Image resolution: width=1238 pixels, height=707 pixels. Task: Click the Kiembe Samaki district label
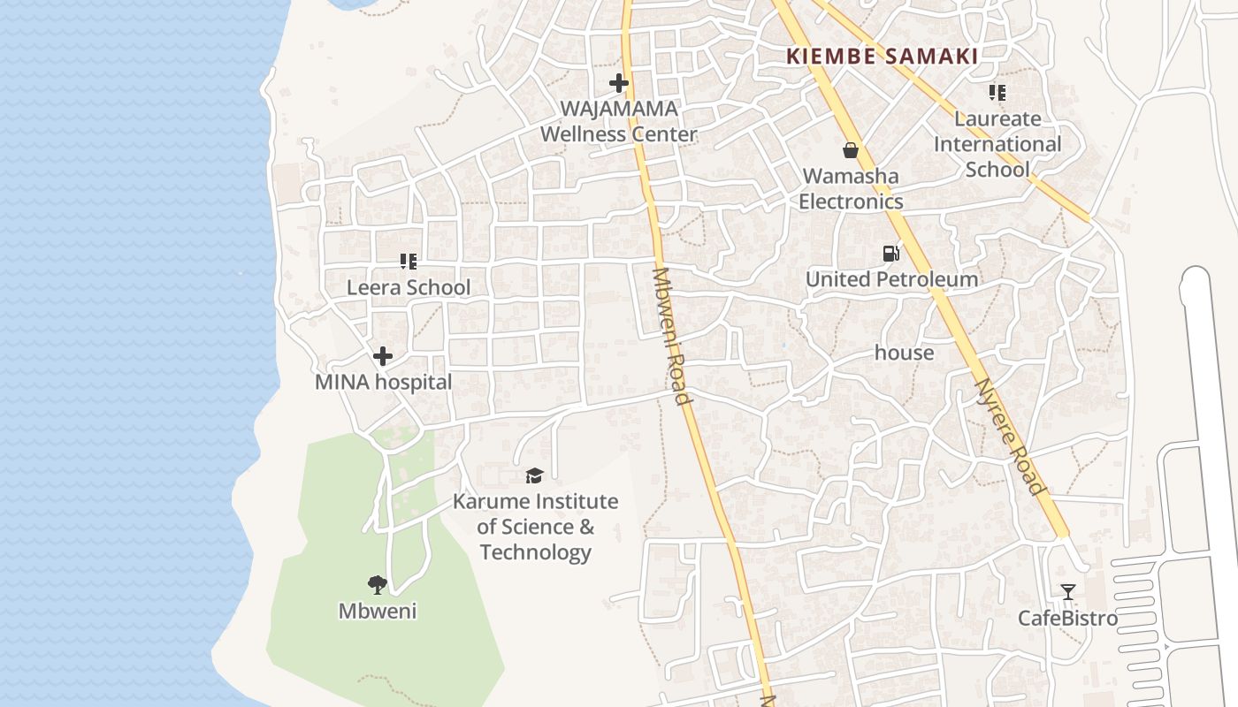click(883, 57)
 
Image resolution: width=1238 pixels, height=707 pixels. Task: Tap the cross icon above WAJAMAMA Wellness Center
click(619, 84)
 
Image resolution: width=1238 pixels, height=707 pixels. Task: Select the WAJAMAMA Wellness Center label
click(619, 122)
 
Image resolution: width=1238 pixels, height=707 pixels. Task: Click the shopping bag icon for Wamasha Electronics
click(851, 150)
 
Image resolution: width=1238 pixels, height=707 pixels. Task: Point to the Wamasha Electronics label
click(851, 188)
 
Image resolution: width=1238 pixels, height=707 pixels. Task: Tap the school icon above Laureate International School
click(997, 93)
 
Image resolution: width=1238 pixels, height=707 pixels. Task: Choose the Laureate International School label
click(997, 144)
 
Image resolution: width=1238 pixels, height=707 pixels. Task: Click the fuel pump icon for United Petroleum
click(890, 255)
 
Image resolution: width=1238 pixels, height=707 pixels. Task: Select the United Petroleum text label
click(891, 279)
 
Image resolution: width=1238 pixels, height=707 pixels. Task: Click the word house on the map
click(904, 353)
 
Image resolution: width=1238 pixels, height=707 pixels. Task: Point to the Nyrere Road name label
click(1008, 437)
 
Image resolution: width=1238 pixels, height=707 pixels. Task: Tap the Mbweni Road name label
click(669, 336)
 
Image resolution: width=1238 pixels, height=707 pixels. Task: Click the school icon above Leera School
click(408, 262)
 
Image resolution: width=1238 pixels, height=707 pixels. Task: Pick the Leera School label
click(409, 287)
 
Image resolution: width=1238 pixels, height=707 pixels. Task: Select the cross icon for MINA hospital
click(383, 356)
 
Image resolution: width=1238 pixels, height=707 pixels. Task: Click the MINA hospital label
click(383, 383)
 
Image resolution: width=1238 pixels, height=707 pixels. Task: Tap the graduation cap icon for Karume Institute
click(534, 476)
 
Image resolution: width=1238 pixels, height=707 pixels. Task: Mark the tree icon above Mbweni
click(378, 584)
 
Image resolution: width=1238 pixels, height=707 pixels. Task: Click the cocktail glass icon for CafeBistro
click(1068, 592)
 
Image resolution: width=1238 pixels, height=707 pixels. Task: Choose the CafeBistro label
click(1067, 618)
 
